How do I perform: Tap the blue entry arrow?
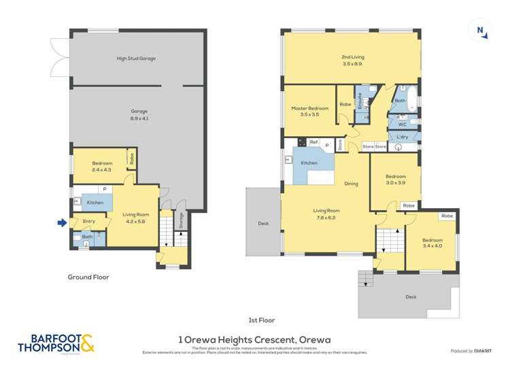(62, 222)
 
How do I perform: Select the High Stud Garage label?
(136, 58)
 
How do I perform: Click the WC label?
(402, 124)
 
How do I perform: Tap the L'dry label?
(402, 137)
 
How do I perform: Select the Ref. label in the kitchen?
(313, 141)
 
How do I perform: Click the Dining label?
(351, 184)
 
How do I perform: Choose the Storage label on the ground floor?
(181, 221)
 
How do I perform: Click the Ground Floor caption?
(88, 277)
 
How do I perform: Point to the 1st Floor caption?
(261, 320)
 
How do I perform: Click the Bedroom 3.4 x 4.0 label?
(432, 243)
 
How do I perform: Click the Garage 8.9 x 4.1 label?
(139, 114)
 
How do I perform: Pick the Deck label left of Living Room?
(263, 222)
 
